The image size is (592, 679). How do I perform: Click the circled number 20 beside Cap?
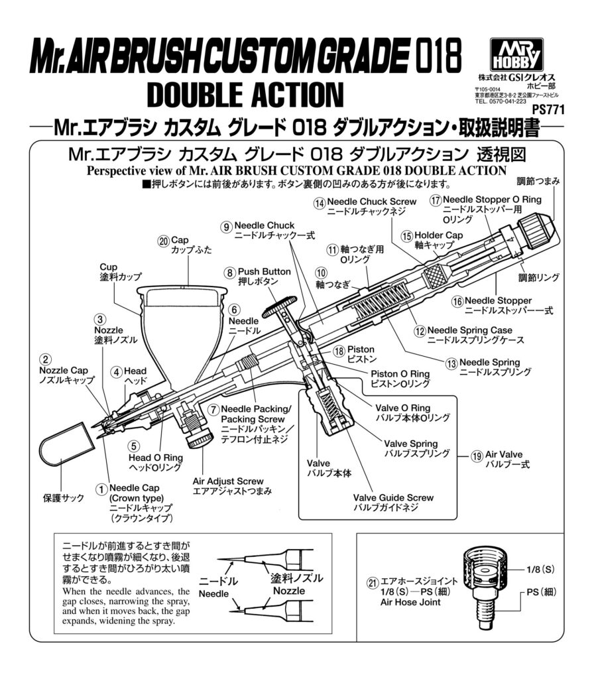coord(164,242)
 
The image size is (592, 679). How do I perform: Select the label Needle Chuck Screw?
coord(375,202)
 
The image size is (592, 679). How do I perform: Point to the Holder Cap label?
coord(438,235)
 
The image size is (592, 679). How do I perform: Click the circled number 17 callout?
coord(436,200)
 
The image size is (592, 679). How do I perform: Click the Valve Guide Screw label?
coord(393,497)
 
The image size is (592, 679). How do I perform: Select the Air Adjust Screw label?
coord(227,481)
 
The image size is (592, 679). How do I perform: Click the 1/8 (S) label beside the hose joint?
coord(539,569)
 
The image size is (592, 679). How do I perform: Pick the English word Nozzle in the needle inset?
coord(289,590)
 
